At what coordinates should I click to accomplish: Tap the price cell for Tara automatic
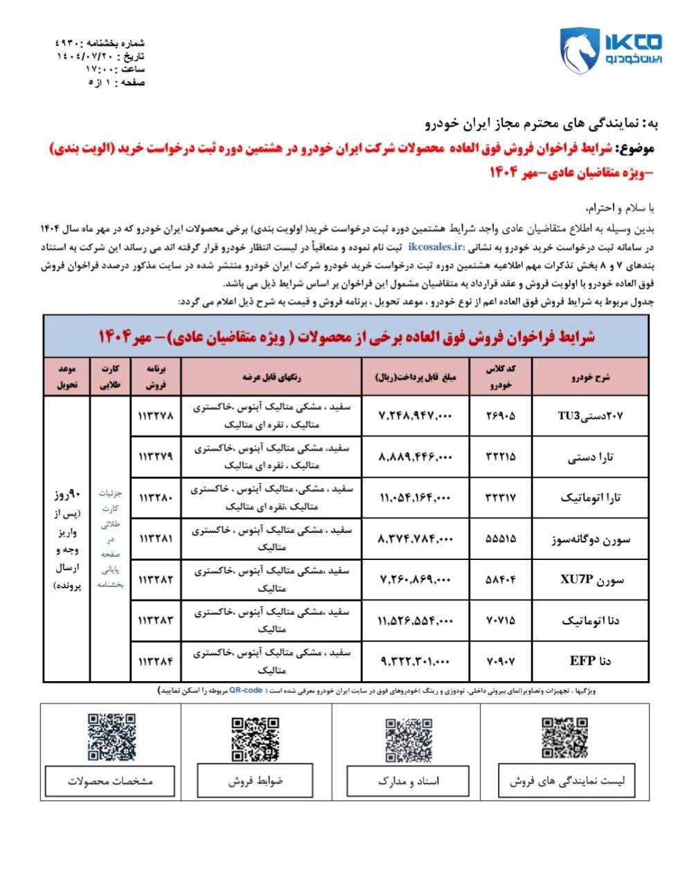(416, 498)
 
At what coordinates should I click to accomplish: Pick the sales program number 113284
(155, 661)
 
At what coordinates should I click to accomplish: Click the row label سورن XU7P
(592, 580)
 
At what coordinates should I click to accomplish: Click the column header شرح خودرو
(592, 377)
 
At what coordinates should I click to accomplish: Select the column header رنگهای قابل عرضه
(271, 377)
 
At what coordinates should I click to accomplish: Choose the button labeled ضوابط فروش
(256, 781)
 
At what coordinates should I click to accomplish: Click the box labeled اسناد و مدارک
(409, 781)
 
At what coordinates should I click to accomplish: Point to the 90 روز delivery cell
(66, 540)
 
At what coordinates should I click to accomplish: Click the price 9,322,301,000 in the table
(416, 661)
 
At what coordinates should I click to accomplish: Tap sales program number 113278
(155, 416)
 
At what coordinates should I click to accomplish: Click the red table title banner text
(346, 337)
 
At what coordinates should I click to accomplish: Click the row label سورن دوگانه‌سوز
(592, 539)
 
